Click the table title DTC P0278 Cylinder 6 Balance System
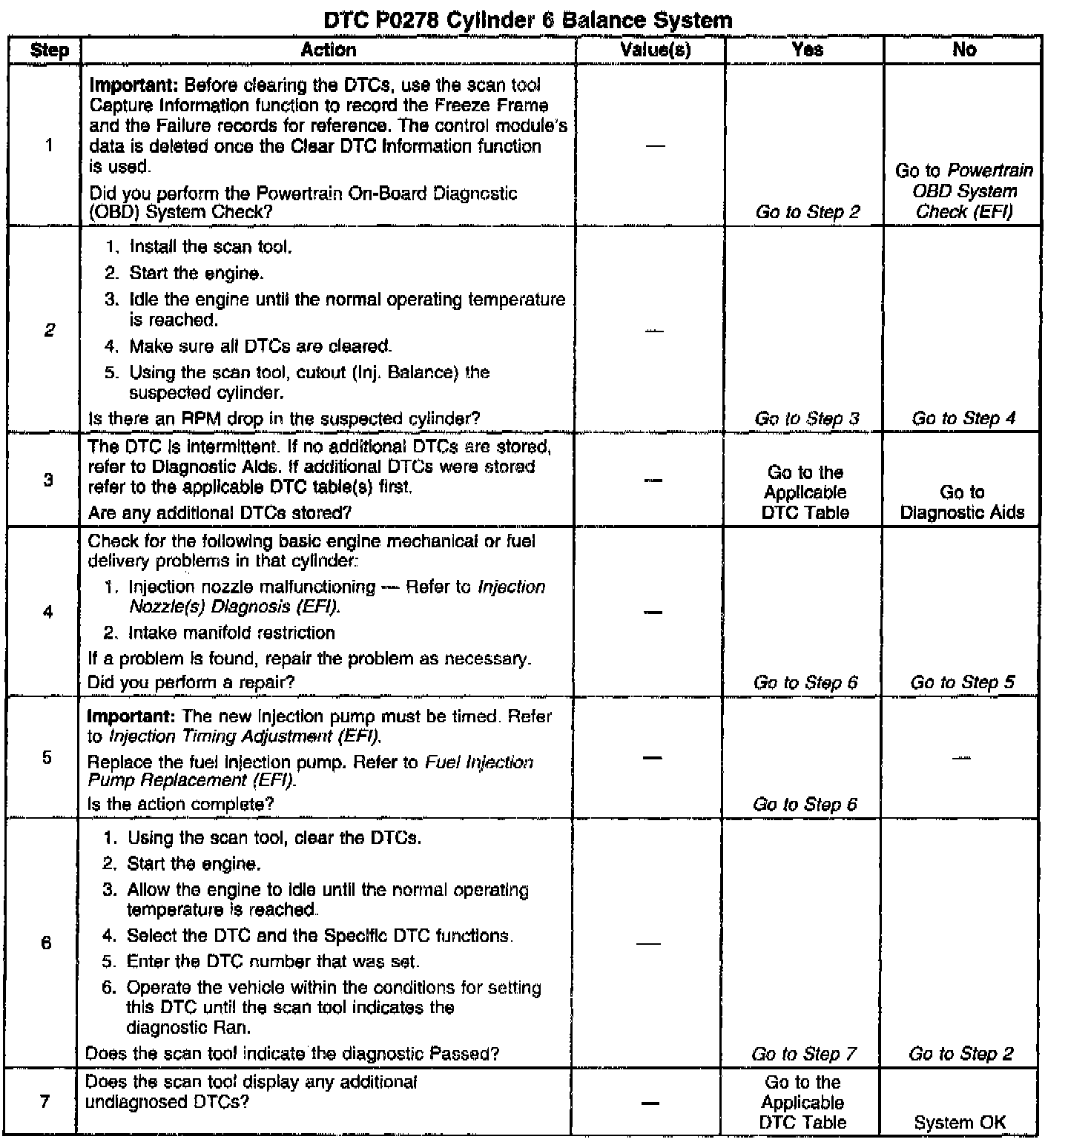tap(528, 20)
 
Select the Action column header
tap(328, 50)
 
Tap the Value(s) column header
tap(655, 50)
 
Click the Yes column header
tap(807, 50)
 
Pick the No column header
tap(963, 50)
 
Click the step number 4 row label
tap(48, 612)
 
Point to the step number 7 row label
tap(45, 1101)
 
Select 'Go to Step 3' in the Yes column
tap(807, 418)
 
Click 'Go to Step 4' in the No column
tap(963, 418)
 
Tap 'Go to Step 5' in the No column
tap(962, 682)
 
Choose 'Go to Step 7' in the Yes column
tap(804, 1054)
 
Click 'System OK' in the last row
tap(960, 1123)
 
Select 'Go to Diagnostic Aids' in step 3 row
tap(962, 502)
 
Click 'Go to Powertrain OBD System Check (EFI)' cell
tap(964, 191)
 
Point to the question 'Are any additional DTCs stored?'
tap(220, 512)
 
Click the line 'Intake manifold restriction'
tap(231, 633)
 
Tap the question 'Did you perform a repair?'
tap(191, 682)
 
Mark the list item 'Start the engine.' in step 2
tap(196, 273)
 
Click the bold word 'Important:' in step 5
tap(131, 716)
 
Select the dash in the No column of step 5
tap(962, 758)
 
